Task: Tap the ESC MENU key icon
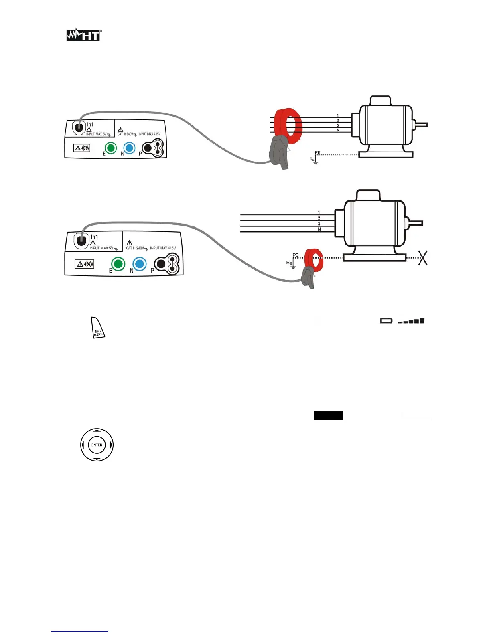(98, 328)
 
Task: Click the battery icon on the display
(386, 321)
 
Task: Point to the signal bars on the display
(411, 321)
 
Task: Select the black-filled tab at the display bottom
(329, 415)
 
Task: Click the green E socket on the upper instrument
(110, 148)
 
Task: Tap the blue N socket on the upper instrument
(129, 148)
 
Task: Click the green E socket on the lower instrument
(118, 264)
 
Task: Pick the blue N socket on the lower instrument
(139, 264)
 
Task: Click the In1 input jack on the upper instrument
(79, 128)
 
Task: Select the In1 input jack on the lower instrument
(81, 241)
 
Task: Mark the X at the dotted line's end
(422, 258)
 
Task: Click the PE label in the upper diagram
(318, 153)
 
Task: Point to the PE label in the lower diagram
(296, 255)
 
